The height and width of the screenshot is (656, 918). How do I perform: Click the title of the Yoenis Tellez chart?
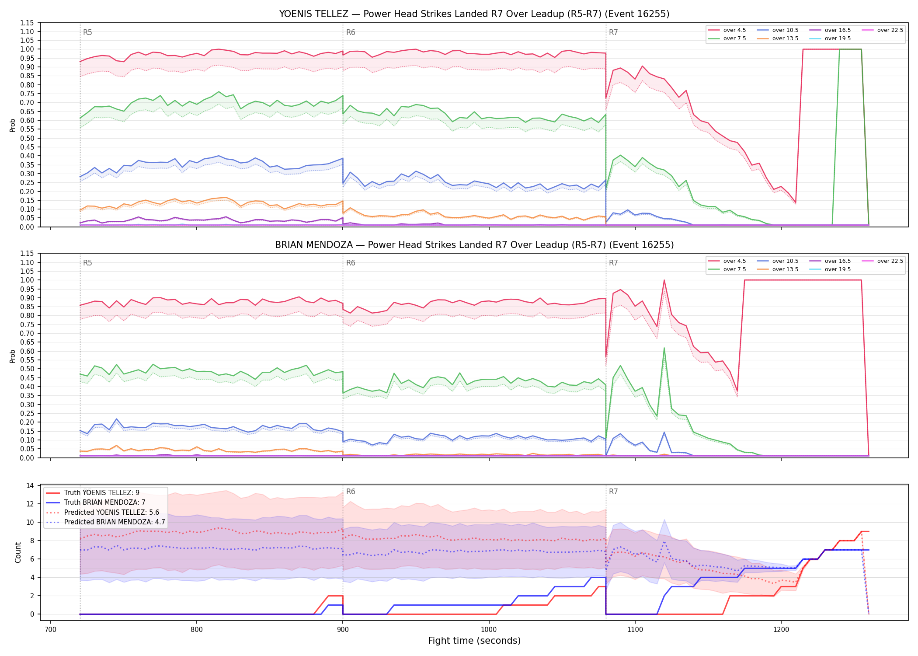click(x=474, y=14)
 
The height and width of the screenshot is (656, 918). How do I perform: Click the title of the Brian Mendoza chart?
click(x=474, y=245)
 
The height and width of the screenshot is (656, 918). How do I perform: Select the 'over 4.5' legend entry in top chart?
click(x=727, y=30)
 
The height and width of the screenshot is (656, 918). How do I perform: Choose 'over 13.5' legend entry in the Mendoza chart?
click(x=778, y=269)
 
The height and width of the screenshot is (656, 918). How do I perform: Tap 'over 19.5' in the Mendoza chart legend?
click(x=830, y=269)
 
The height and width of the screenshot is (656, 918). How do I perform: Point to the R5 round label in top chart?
click(x=87, y=32)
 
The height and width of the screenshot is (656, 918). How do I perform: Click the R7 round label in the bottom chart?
click(x=613, y=492)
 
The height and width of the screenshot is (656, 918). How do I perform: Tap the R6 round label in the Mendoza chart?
click(x=351, y=263)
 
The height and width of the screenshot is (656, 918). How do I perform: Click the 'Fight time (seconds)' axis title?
click(x=474, y=641)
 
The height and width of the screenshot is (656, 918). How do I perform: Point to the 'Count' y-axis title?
click(x=18, y=552)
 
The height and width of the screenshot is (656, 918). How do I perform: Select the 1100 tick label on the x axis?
click(x=635, y=629)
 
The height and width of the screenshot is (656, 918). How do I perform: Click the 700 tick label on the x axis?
click(x=51, y=629)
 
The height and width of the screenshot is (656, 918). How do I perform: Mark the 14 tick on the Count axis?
click(x=30, y=485)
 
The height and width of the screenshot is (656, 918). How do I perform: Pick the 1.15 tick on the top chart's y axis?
click(x=27, y=23)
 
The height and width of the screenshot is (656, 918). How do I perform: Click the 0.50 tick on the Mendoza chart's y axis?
click(x=27, y=369)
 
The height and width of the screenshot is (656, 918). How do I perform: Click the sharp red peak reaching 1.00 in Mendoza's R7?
click(x=664, y=280)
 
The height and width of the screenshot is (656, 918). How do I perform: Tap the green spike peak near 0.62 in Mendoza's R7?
click(x=664, y=348)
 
